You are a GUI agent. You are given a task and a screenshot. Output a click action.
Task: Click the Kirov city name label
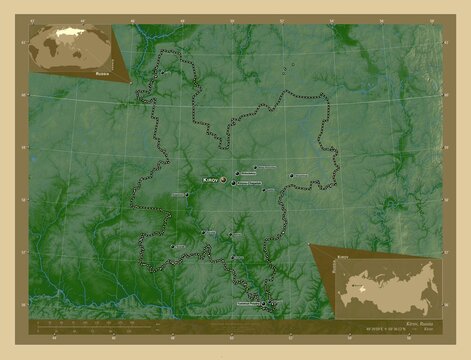point(209,178)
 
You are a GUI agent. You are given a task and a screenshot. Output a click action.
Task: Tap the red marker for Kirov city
point(223,181)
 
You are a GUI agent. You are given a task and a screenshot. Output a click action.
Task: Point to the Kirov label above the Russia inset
point(343,258)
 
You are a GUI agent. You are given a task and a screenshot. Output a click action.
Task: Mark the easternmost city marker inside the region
point(292,177)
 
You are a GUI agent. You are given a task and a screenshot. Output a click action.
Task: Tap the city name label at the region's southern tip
point(250,301)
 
